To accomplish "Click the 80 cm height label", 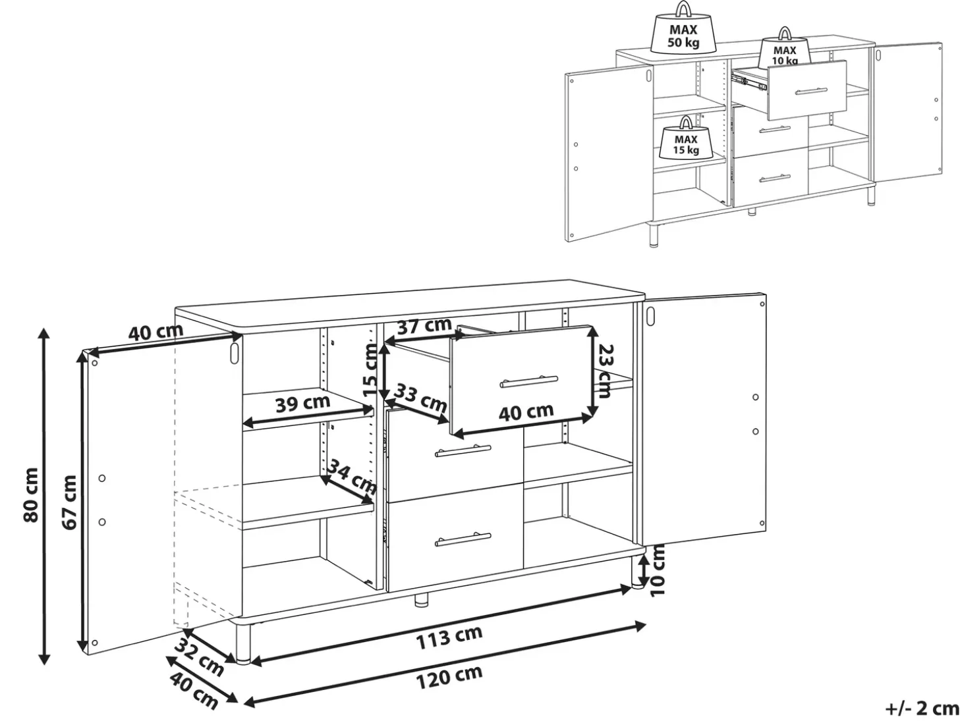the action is click(31, 495).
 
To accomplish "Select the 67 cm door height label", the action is click(69, 502).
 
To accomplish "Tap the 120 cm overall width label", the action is click(449, 678).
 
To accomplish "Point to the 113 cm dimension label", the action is click(449, 637).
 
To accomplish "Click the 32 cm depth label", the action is click(199, 656).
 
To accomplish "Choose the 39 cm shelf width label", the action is click(303, 403).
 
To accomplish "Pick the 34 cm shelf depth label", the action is click(351, 477).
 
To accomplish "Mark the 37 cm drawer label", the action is click(424, 326).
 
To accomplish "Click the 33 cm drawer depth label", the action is click(420, 397).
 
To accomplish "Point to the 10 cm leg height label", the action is click(658, 570).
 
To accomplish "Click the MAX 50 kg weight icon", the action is click(683, 28).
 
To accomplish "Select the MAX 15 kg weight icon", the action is click(685, 137).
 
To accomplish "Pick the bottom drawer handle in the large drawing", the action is click(463, 539).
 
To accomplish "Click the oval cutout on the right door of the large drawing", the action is click(651, 315).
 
